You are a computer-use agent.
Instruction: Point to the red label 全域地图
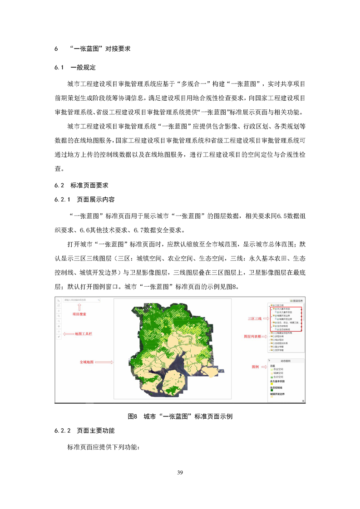coord(86,362)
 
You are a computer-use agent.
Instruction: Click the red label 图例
coord(255,366)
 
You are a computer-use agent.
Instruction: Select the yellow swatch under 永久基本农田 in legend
coord(271,384)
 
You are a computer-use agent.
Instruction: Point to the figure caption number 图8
coord(133,416)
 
